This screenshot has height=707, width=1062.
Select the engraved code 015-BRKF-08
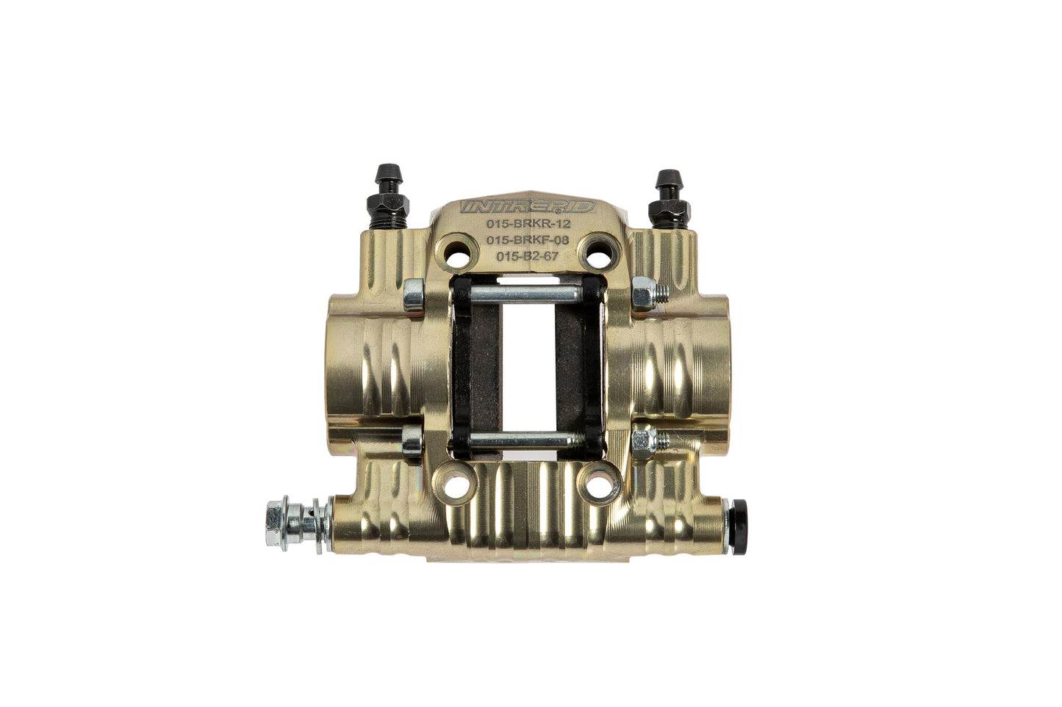(x=527, y=241)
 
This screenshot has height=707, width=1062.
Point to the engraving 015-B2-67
(x=527, y=256)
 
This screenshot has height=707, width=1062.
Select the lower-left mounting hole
(x=456, y=485)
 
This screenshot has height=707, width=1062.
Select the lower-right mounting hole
(x=600, y=485)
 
